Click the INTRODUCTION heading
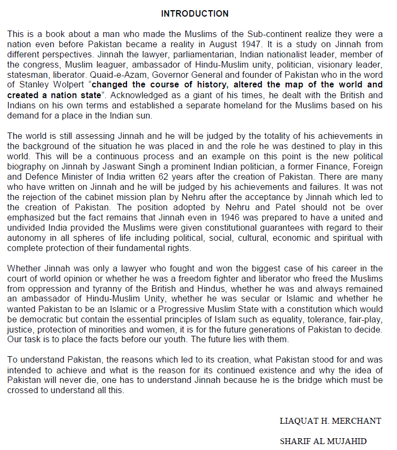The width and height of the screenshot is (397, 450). [x=195, y=13]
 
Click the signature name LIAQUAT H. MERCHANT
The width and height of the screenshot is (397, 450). [x=330, y=421]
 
